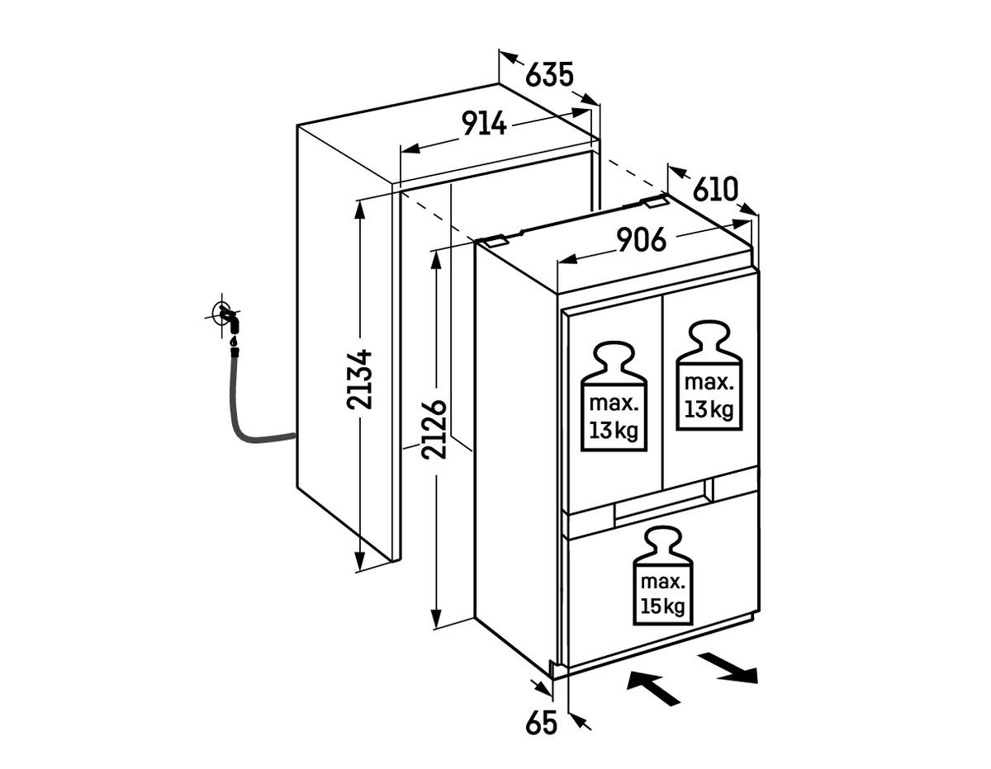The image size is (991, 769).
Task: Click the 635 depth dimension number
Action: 548,76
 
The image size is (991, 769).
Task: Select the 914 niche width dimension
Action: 484,124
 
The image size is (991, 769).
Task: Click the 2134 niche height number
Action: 359,379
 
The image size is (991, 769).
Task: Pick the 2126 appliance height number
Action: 434,429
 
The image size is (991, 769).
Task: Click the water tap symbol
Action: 225,317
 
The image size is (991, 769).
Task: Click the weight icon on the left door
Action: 614,396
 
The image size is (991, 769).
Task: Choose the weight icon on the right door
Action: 709,375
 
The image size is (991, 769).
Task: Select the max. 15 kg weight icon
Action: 662,576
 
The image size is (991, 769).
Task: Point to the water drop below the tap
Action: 234,341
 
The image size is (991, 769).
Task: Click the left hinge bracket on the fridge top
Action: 495,240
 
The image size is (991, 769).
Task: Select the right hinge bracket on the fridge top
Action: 654,201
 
